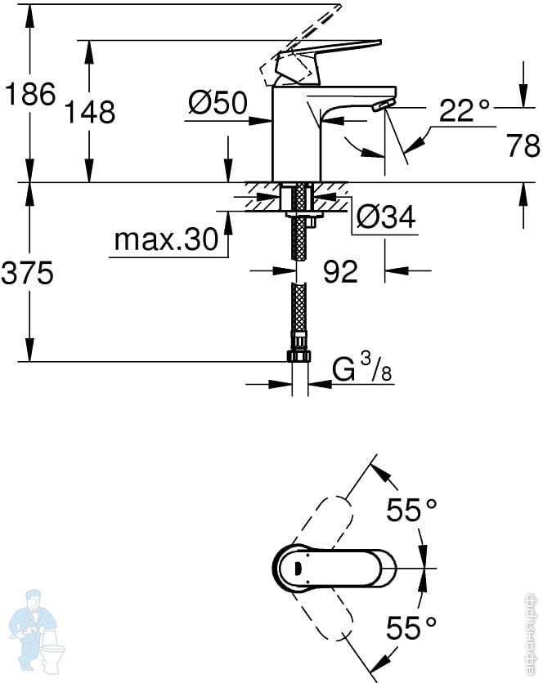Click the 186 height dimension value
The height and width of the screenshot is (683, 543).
coord(30,94)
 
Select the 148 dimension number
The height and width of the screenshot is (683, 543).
coord(90,111)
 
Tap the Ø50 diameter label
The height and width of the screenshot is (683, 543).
coord(218,103)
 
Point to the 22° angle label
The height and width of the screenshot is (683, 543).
coord(464,110)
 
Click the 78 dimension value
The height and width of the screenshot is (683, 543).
coord(523,145)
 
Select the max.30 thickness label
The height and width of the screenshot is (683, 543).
coord(166,239)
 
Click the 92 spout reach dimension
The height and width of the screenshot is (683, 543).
coord(341,271)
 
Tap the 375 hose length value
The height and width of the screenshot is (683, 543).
coord(28,273)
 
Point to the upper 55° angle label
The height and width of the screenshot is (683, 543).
coord(411,510)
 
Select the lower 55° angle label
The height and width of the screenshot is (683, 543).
coord(411,627)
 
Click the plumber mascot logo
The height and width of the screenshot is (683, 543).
coord(37,631)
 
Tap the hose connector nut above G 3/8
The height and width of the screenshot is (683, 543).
coord(298,355)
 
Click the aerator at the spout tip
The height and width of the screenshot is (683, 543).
coord(384,105)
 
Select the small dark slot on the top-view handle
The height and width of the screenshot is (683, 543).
coord(298,568)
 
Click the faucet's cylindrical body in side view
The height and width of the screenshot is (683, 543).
coord(296,134)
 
